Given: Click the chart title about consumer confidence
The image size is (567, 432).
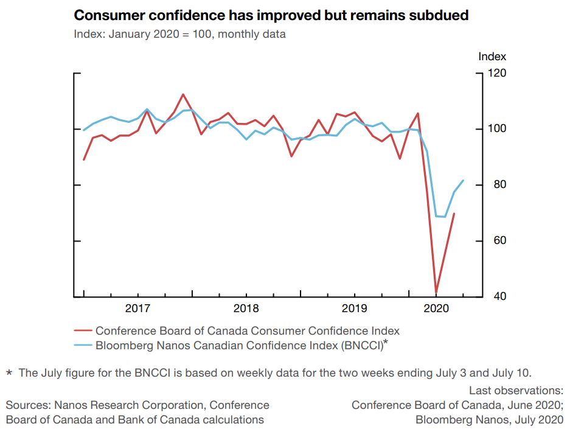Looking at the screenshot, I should (271, 15).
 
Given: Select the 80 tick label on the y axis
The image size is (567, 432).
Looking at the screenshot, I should (495, 185).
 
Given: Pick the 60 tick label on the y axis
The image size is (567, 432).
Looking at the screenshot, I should (495, 241).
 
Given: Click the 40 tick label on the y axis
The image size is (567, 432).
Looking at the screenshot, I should (495, 297).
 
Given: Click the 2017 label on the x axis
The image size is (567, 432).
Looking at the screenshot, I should (137, 308).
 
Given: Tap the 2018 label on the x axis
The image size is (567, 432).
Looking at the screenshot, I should (246, 308).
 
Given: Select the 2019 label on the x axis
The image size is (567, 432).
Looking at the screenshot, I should (354, 308).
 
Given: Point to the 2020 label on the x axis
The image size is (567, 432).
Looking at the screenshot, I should (436, 308).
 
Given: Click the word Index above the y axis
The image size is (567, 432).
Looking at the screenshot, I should (492, 57).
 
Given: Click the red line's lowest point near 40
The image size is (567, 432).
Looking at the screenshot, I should (436, 293).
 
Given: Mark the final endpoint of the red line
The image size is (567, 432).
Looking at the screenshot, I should (454, 214).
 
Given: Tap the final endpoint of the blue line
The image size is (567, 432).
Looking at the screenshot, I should (464, 180).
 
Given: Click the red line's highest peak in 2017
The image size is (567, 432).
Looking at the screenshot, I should (183, 94).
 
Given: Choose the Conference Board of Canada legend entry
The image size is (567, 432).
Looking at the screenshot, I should (247, 331).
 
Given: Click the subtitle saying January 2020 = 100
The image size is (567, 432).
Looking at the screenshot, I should (179, 34).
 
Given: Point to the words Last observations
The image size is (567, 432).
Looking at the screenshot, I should (516, 391).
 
